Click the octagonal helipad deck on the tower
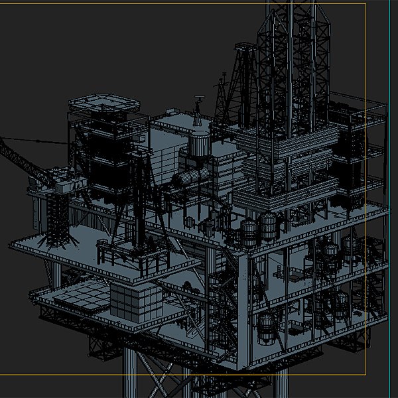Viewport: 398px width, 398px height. coord(105,103)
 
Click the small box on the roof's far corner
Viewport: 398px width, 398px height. coord(163,120)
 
